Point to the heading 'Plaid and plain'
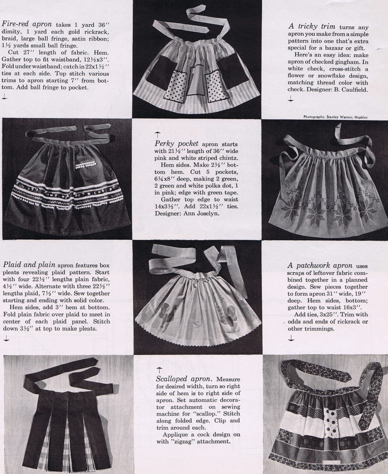click(29, 264)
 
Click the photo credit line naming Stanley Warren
click(337, 116)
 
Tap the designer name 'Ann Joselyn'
click(203, 214)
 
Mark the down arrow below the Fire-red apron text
click(4, 97)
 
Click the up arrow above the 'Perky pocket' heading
click(158, 134)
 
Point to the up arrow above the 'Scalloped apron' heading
click(159, 369)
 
